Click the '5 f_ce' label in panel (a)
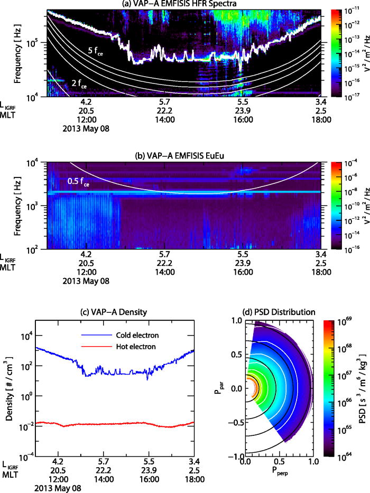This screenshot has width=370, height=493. point(98,51)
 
